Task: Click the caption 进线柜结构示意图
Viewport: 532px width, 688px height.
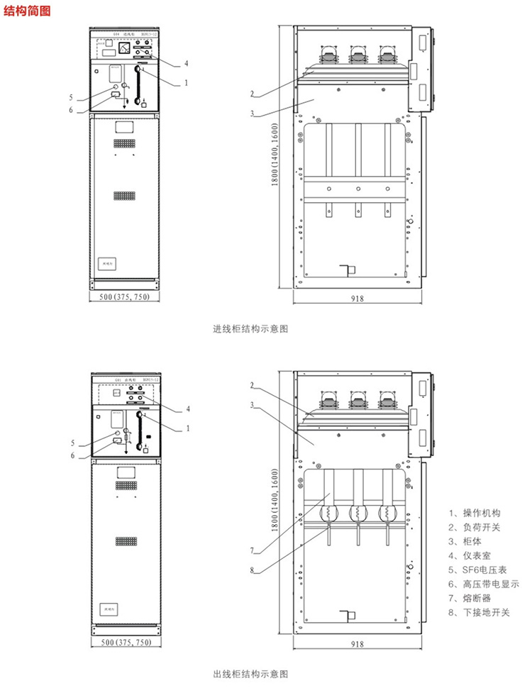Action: coord(251,329)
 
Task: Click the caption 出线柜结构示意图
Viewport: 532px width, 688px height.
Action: coord(251,673)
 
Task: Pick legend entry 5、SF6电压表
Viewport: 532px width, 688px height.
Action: coord(479,570)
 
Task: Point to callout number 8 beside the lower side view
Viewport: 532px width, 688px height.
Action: coord(251,569)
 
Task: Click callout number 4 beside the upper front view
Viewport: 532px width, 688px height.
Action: coord(186,63)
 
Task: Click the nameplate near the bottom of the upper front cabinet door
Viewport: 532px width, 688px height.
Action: coord(108,263)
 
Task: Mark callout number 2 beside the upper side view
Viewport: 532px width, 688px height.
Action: coord(251,94)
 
